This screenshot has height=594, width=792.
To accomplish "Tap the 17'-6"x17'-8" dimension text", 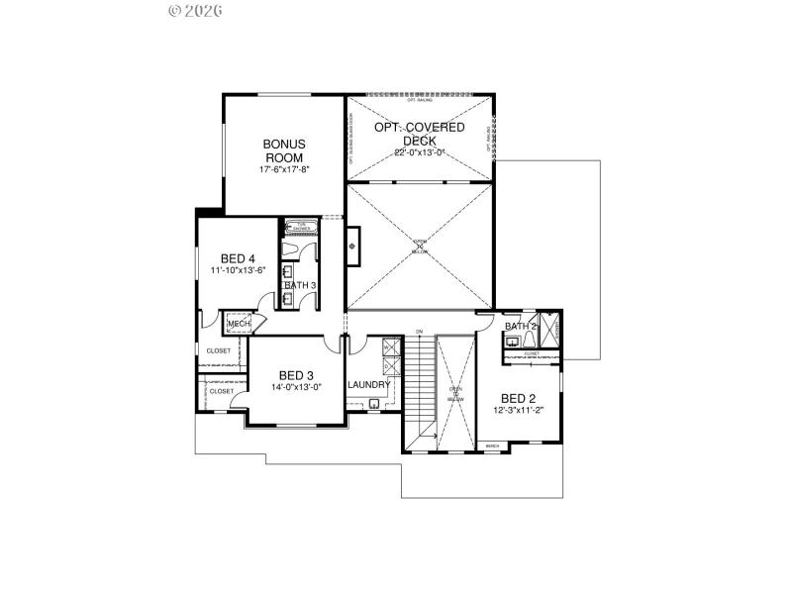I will click(284, 169).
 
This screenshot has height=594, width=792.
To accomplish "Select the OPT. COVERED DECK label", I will click(419, 135).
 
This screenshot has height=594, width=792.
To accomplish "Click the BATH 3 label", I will click(300, 286).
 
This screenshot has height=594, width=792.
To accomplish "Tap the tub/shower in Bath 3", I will click(296, 227).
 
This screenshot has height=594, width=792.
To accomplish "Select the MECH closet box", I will click(239, 324).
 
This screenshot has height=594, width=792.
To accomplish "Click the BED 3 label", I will click(296, 375).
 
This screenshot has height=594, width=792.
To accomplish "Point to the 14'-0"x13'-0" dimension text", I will click(296, 387).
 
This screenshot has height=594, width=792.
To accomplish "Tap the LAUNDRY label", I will click(368, 384).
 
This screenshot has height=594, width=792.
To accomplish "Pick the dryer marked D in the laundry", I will click(389, 365).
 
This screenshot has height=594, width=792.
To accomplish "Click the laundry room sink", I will click(374, 403).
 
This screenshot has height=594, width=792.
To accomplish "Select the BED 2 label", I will click(519, 398).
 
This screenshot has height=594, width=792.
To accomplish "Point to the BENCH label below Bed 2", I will click(492, 446).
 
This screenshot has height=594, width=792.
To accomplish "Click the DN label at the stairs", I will click(419, 331).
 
